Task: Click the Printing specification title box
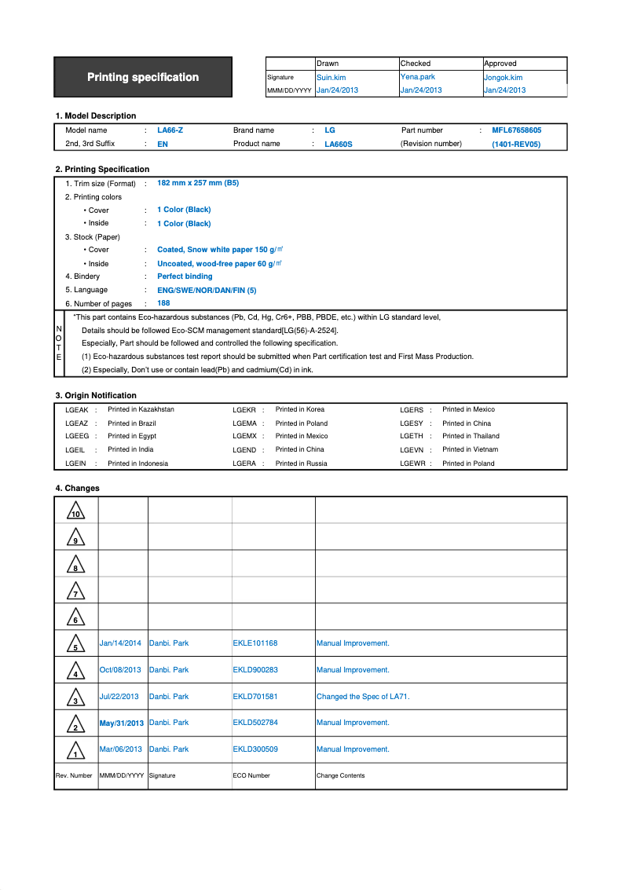pos(143,77)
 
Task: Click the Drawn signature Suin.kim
pos(331,78)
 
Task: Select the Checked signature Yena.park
pos(417,77)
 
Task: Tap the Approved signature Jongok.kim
pos(503,78)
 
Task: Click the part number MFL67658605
pos(516,130)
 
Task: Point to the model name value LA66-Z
pos(170,130)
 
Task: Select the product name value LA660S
pos(339,145)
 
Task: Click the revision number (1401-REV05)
pos(516,145)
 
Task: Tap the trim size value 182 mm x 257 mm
pos(198,183)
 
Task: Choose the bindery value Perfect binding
pos(185,277)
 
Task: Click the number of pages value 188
pos(163,303)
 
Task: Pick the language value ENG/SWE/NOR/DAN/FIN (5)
pos(207,290)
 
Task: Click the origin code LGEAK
pos(77,410)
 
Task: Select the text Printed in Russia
pos(301,463)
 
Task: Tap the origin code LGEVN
pos(412,450)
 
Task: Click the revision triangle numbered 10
pos(76,511)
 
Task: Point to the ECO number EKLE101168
pos(255,643)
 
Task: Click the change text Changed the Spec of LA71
pos(363,697)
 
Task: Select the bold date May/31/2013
pos(122,723)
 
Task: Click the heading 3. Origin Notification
pos(96,396)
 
